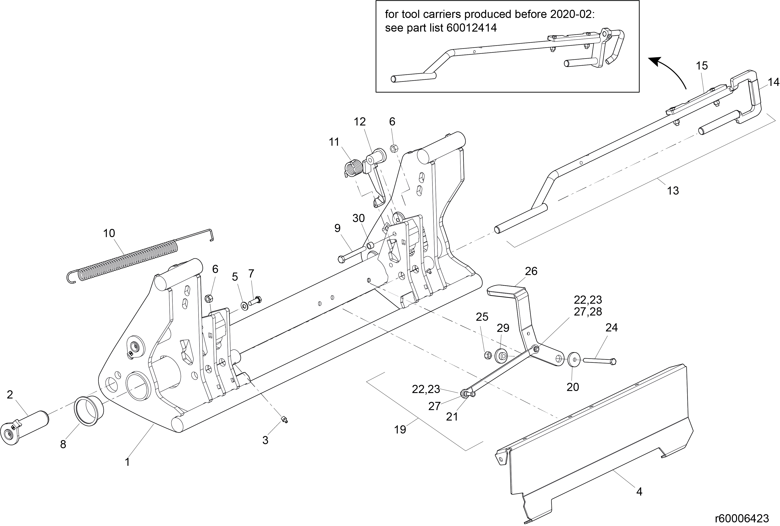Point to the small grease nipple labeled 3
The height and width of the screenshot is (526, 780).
pyautogui.click(x=284, y=419)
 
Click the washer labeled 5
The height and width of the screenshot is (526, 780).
pyautogui.click(x=244, y=306)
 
